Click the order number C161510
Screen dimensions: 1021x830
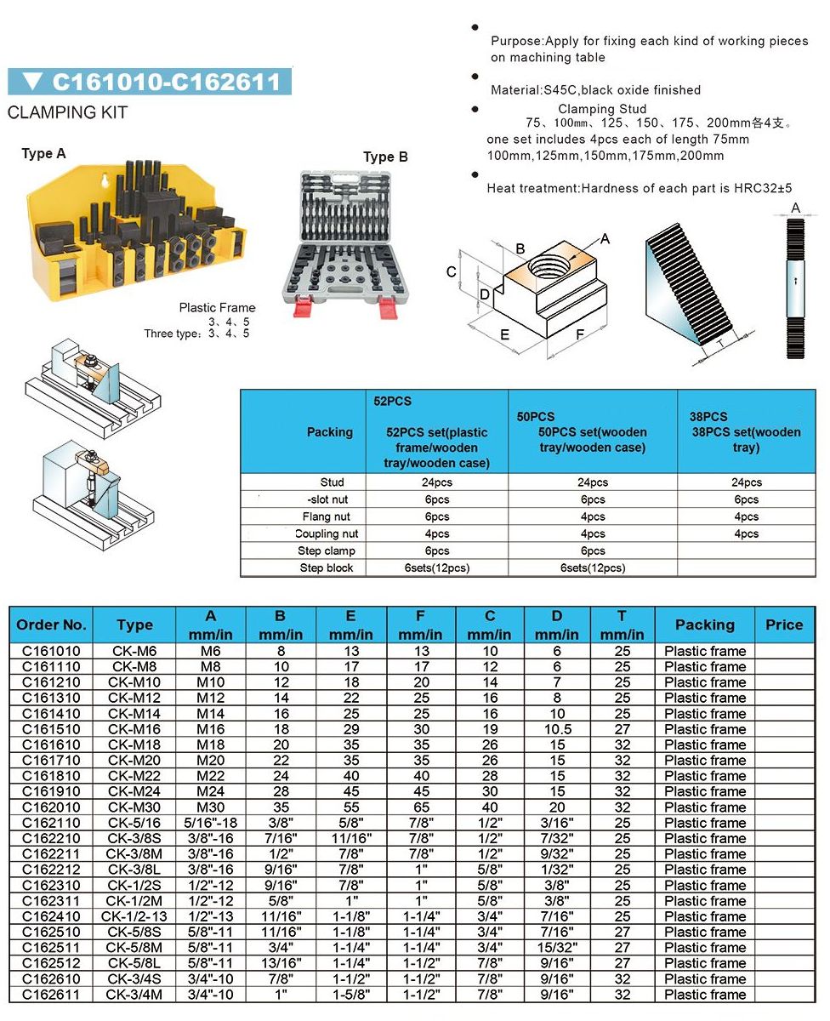click(x=50, y=729)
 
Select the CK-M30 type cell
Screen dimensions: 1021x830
click(x=134, y=807)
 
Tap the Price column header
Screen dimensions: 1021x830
click(x=783, y=625)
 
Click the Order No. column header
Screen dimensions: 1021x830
click(x=51, y=625)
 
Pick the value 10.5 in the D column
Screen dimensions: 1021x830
click(x=557, y=729)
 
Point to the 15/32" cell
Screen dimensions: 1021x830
click(x=557, y=948)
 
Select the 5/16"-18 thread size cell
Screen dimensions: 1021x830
click(x=210, y=823)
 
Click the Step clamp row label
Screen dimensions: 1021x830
click(x=327, y=550)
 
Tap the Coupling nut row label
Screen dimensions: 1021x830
click(x=327, y=533)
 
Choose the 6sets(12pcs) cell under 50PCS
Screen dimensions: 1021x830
click(x=593, y=568)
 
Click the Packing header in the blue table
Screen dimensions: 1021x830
click(x=329, y=432)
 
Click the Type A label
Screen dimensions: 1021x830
click(x=43, y=154)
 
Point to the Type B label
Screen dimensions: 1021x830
click(x=385, y=157)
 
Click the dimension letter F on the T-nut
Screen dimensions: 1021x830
click(x=580, y=334)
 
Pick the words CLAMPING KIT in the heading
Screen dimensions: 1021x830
click(x=67, y=112)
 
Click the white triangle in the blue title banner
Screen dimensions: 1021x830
click(x=33, y=82)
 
